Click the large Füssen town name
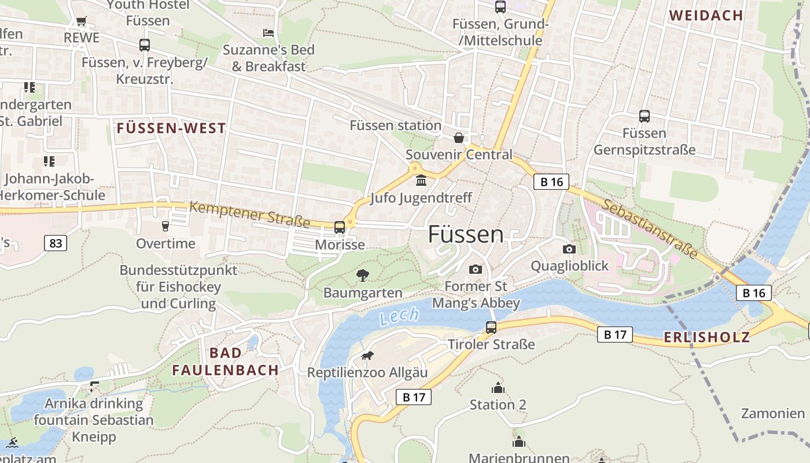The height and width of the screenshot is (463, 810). tap(466, 234)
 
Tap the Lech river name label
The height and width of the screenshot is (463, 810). tap(399, 316)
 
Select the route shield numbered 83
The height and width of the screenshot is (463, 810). tap(56, 243)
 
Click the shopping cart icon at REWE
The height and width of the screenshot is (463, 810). tap(82, 21)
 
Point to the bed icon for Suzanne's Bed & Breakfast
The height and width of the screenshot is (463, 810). tap(268, 32)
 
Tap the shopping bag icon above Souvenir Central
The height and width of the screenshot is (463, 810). tap(459, 138)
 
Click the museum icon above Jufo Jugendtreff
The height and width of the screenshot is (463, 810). tap(421, 181)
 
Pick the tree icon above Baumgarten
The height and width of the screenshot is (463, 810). tap(363, 275)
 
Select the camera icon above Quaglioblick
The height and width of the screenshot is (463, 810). tap(569, 249)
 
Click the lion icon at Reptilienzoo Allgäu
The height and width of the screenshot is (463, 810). tap(367, 355)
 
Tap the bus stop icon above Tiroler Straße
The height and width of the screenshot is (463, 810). tap(491, 327)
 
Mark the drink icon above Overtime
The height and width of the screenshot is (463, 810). tap(165, 226)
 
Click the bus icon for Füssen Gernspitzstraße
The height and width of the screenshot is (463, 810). tap(645, 116)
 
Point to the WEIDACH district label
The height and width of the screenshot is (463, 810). tap(706, 16)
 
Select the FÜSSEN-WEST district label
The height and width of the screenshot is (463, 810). tap(171, 128)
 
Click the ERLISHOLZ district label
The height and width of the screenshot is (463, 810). tap(707, 337)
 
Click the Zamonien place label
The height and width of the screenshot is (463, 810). tap(773, 413)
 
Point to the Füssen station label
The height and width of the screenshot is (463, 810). tap(395, 126)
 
